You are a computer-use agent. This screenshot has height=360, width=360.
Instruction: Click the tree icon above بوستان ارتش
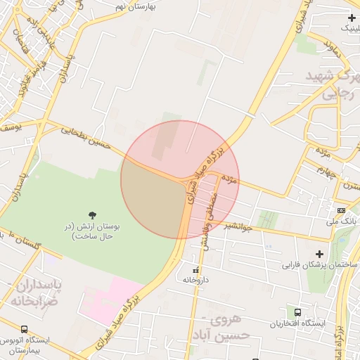pos(93,214)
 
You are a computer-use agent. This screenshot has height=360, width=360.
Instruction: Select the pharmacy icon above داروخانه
pos(196,269)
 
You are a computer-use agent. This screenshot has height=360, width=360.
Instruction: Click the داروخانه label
pos(196,280)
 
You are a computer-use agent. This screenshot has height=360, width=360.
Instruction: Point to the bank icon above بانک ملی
pos(341,210)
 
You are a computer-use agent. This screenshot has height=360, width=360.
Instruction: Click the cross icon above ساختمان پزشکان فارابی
pos(319,254)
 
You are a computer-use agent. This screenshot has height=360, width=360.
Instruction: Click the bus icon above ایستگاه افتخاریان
pos(298,312)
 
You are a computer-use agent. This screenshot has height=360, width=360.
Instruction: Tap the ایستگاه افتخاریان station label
pos(298,323)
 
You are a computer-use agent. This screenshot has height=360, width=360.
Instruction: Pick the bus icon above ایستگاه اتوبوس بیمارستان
pos(25,329)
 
